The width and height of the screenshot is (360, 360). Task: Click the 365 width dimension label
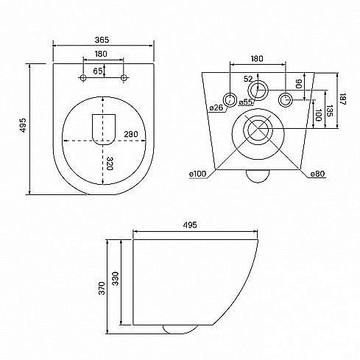tap(102, 40)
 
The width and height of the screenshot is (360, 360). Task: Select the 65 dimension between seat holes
tap(98, 71)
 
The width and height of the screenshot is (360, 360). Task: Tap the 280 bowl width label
tap(131, 134)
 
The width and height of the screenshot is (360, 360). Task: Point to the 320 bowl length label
tap(109, 163)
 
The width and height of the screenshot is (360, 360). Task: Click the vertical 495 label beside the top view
tap(23, 125)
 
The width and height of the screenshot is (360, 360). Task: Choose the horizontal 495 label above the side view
tap(190, 225)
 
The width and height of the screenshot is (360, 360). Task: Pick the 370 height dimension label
tap(102, 289)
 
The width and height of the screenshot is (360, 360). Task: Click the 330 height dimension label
tap(115, 278)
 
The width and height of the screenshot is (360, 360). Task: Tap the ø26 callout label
tap(216, 107)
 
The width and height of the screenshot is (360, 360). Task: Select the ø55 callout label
tap(246, 102)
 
